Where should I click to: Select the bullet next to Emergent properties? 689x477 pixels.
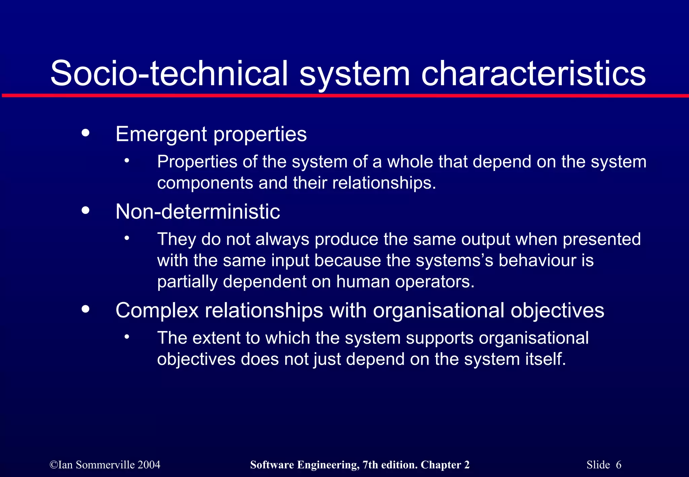coord(86,133)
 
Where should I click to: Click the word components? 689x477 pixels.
coord(205,183)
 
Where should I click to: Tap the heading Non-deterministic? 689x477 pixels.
coord(197,212)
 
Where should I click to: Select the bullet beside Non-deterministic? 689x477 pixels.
coord(86,211)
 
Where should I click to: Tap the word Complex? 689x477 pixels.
coord(157,310)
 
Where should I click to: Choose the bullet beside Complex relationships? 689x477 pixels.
coord(86,309)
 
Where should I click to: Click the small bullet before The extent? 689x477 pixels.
coord(126,337)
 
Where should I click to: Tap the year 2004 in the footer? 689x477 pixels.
coord(149,465)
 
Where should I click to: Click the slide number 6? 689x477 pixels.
coord(618,465)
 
